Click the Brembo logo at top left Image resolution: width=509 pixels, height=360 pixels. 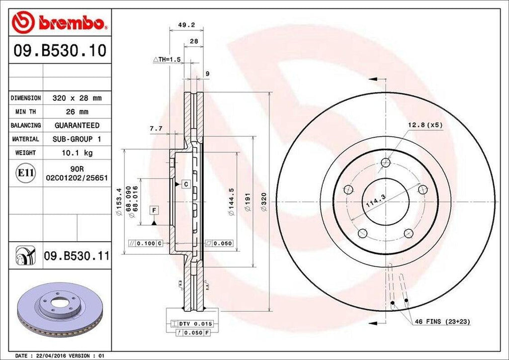click(x=59, y=22)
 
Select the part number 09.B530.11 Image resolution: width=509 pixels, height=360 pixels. click(x=76, y=257)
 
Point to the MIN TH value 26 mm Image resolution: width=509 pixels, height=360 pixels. click(x=77, y=112)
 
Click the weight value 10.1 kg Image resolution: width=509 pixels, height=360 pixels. click(x=77, y=153)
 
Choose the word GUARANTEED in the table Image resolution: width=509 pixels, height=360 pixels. click(x=77, y=125)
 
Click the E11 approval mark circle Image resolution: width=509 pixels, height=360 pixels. click(x=25, y=173)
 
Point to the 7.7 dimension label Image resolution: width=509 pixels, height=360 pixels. click(x=156, y=128)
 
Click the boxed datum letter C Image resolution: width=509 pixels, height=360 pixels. click(x=185, y=184)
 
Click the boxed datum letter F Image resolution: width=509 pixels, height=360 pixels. click(x=154, y=210)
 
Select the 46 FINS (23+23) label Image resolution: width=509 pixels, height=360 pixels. click(x=442, y=322)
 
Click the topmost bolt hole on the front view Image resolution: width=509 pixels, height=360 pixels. click(x=385, y=163)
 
